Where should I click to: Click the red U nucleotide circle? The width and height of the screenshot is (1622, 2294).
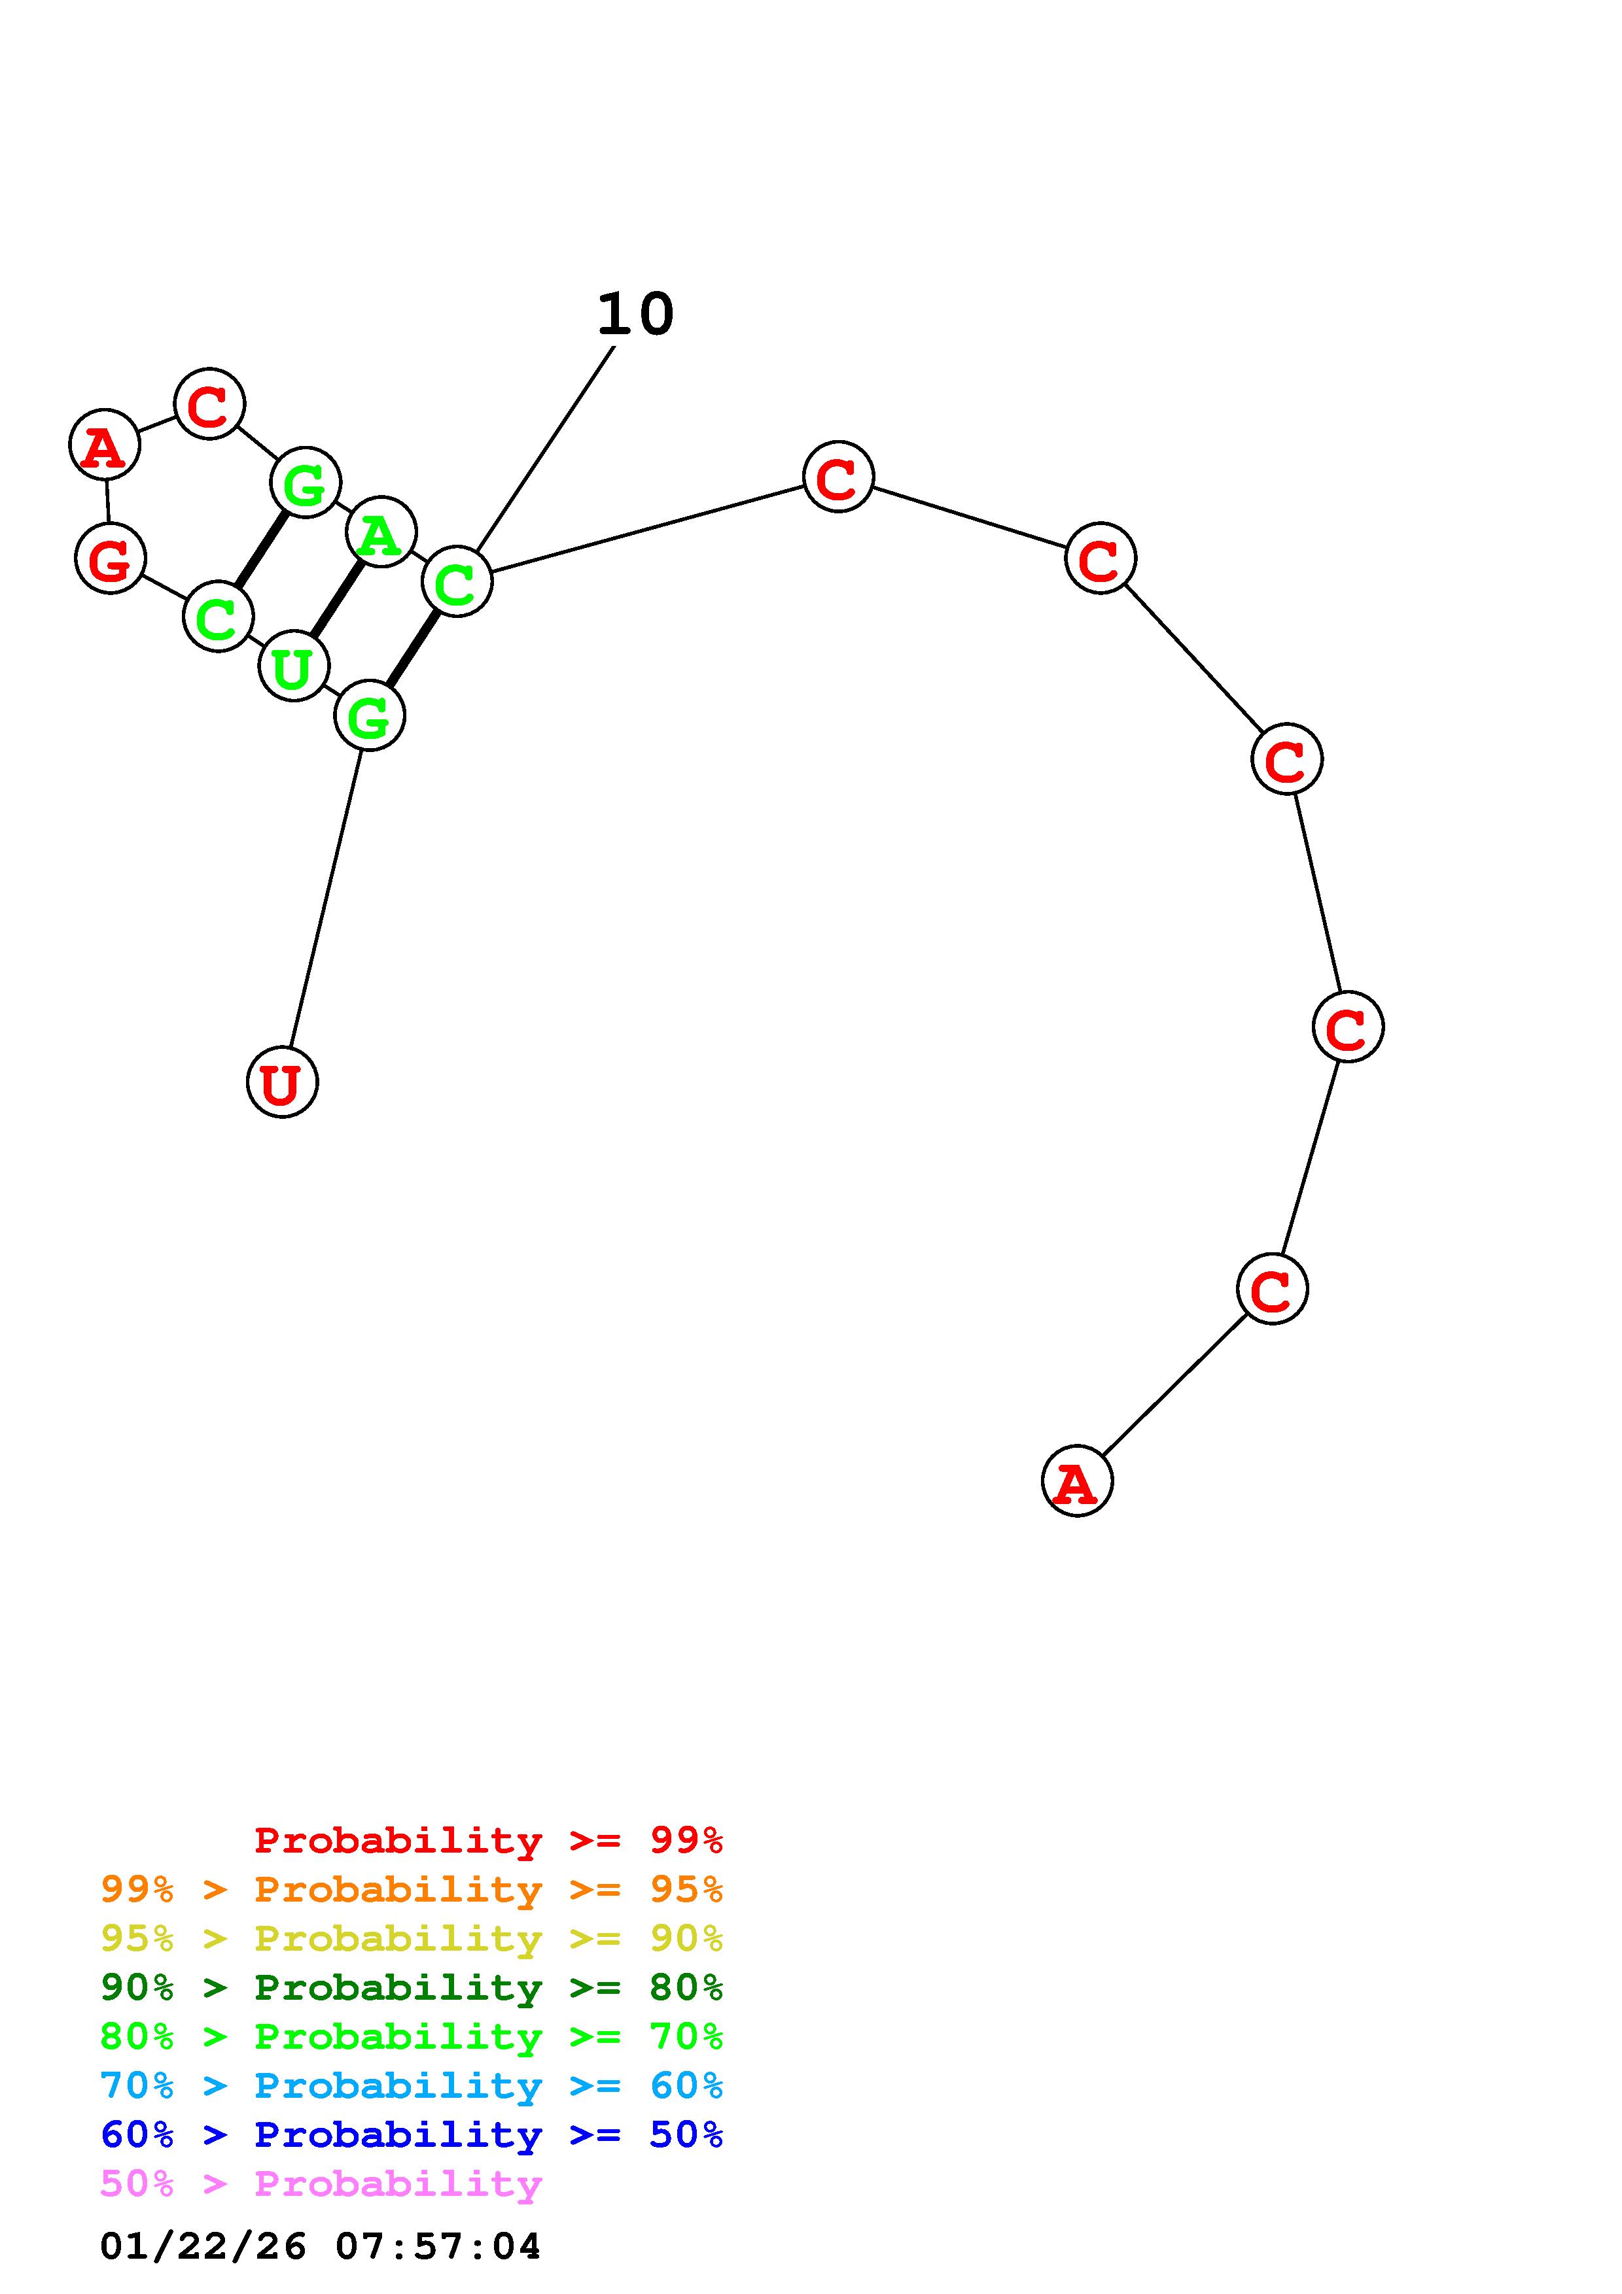[x=282, y=1082]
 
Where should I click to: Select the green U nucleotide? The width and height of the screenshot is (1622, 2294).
[x=293, y=666]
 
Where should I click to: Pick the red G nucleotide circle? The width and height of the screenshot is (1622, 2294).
[x=110, y=558]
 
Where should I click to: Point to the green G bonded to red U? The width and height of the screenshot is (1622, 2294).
[x=370, y=715]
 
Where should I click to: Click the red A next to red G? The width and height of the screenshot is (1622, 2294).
[x=104, y=445]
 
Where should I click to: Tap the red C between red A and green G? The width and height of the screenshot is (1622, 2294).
[x=209, y=403]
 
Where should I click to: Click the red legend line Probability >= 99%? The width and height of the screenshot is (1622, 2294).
[x=487, y=1840]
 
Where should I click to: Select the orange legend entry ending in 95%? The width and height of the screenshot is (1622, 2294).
[x=412, y=1889]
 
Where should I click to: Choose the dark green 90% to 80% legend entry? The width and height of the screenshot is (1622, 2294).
[x=412, y=1987]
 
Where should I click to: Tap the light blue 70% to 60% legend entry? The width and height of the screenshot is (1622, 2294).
[x=412, y=2085]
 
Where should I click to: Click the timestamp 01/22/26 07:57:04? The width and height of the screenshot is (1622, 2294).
[x=320, y=2246]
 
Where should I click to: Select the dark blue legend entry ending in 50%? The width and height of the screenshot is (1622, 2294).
[x=412, y=2134]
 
